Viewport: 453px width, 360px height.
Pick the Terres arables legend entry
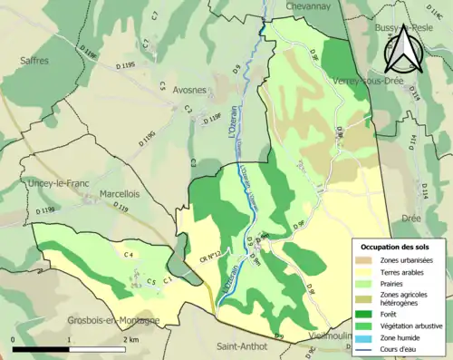[x=403, y=271]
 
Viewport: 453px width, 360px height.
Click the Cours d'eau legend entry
[x=400, y=347]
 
